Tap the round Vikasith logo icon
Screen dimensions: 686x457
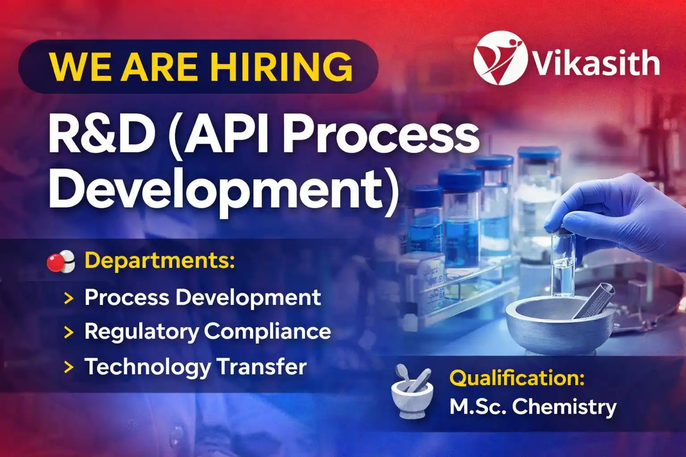(500, 58)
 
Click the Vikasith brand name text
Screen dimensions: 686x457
(596, 62)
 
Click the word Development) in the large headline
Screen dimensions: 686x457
(224, 191)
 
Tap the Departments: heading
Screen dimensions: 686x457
(159, 261)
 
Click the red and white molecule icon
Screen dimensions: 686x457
(61, 262)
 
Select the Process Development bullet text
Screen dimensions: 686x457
(203, 298)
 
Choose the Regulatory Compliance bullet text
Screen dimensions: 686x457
(208, 332)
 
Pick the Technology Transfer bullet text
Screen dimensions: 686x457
(195, 367)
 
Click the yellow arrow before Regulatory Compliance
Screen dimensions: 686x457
(69, 332)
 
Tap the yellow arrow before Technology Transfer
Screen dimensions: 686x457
(69, 367)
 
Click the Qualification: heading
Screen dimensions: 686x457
(517, 378)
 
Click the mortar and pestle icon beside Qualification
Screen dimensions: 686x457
(412, 391)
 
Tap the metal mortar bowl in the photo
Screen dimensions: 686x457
(561, 325)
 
